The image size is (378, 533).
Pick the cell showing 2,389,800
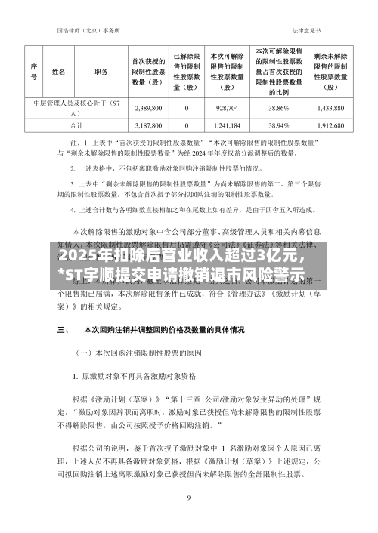[149, 107]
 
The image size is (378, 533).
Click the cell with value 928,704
[226, 107]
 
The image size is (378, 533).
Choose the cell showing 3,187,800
[149, 125]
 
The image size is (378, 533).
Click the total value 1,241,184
[226, 125]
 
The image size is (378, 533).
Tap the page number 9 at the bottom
[188, 498]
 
